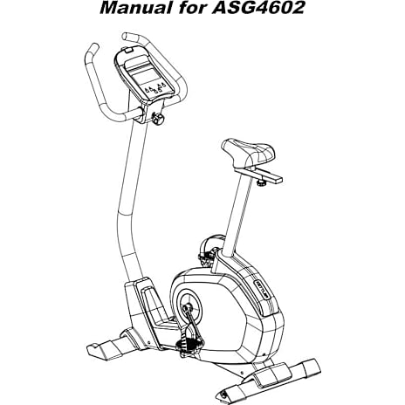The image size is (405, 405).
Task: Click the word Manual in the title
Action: click(135, 8)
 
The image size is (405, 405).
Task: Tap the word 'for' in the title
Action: click(191, 8)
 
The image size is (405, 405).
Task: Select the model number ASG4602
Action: click(258, 8)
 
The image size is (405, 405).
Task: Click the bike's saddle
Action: click(248, 153)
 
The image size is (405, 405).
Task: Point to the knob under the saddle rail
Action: click(262, 183)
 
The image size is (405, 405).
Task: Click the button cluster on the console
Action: click(155, 88)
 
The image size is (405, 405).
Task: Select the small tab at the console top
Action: click(128, 50)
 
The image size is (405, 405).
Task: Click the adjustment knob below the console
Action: click(158, 119)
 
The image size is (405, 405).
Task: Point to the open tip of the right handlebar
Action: click(126, 37)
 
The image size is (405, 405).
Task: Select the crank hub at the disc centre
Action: click(186, 307)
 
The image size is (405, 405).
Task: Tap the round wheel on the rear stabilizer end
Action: click(223, 395)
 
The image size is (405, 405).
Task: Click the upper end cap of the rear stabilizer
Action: click(312, 368)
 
